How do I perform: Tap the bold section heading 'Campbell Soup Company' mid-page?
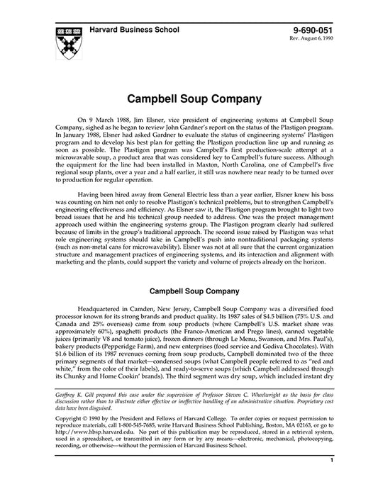coord(189,290)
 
